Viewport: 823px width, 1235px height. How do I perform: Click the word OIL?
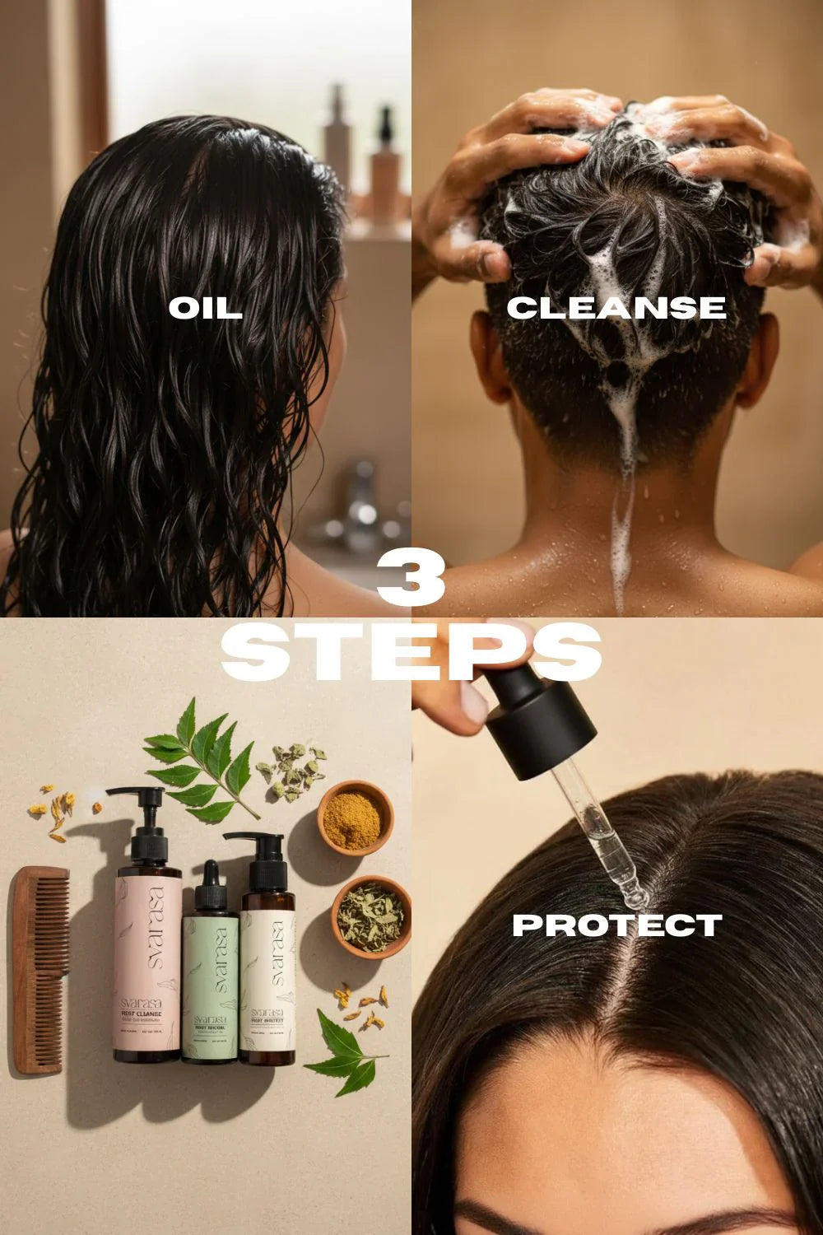coord(205,308)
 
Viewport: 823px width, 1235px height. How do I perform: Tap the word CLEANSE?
coord(616,308)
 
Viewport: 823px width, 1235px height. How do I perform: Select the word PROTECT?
coord(616,925)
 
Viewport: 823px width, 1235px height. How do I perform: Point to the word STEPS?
coord(411,652)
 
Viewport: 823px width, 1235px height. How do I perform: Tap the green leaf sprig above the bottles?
coord(202,762)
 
